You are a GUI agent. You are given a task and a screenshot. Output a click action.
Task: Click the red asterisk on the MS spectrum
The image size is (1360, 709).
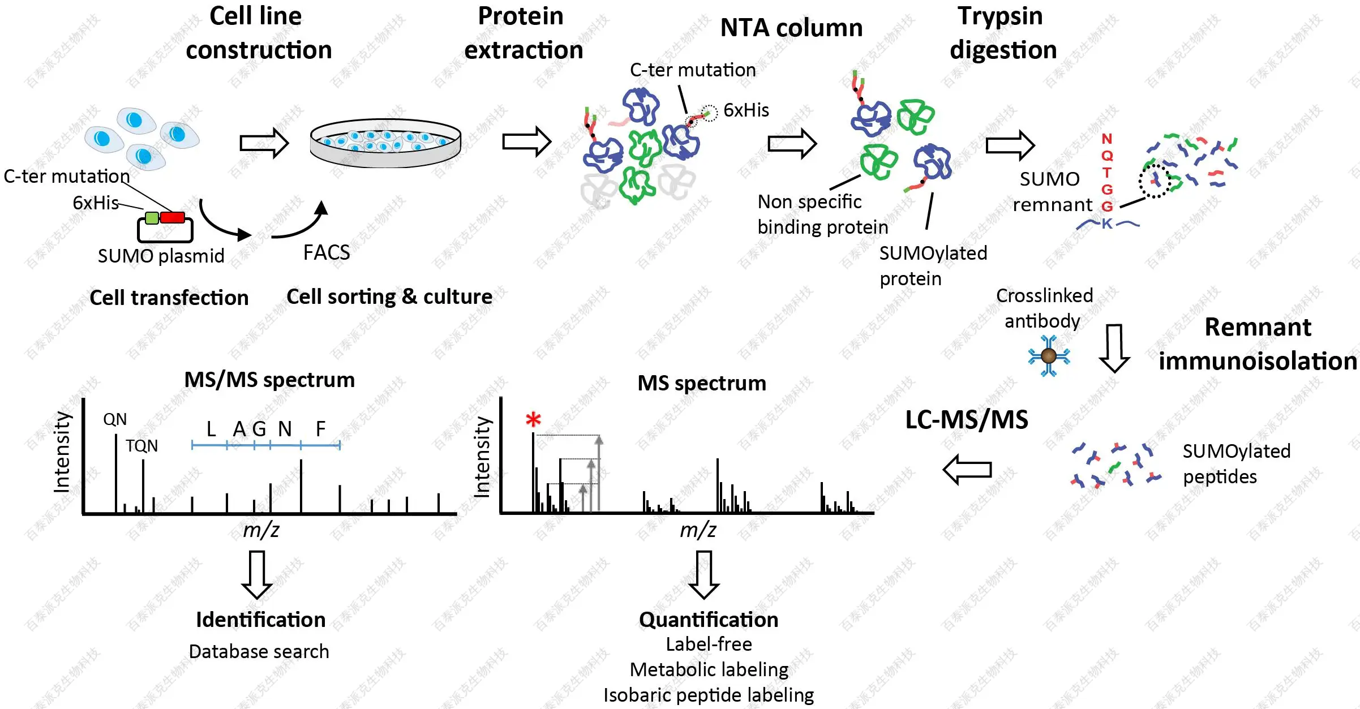coord(533,420)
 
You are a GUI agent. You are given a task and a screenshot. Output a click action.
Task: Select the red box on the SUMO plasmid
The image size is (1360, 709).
coord(172,218)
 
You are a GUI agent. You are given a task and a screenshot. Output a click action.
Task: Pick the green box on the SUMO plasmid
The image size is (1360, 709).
coord(152,218)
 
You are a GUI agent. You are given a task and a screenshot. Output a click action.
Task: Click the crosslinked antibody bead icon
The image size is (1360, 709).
coord(1049,356)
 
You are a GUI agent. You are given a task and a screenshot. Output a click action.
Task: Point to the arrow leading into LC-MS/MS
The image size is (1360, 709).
coord(967,470)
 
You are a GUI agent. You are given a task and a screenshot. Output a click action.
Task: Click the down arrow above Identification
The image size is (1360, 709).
coord(257,574)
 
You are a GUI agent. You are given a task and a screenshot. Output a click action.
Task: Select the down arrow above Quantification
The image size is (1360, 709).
coord(704,574)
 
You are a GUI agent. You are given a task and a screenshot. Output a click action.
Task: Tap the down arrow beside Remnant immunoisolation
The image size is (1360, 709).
coord(1114,347)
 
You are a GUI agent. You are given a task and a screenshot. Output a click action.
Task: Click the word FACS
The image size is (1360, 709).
coord(327,252)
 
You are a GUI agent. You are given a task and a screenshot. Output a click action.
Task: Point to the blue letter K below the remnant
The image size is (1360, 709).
coord(1107,224)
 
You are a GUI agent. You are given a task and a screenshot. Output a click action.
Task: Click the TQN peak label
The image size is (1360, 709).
coord(141,446)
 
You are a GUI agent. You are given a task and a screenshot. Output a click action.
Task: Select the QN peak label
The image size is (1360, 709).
coord(115,419)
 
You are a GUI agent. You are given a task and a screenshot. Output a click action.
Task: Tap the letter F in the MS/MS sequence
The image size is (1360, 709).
coord(320,429)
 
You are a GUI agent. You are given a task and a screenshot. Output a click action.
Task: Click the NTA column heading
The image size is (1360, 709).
coord(791,28)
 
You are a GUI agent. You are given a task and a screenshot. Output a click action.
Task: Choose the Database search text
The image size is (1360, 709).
coord(259,651)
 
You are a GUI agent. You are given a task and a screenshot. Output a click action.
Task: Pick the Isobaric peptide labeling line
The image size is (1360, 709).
coord(709,695)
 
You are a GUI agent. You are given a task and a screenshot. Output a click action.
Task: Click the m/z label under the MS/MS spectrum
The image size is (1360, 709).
coord(261,530)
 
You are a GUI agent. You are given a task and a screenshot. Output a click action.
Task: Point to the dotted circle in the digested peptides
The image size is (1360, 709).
coord(1155,182)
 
